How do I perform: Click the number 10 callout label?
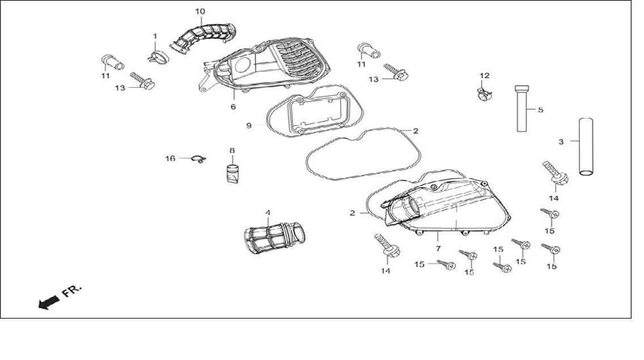pos(200,11)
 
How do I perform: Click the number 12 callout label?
pos(485,75)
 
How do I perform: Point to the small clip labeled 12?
pos(484,95)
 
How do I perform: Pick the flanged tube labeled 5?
pos(522,108)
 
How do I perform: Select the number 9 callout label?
pos(249,125)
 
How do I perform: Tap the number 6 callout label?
pos(234,107)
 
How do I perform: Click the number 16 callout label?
pos(170,158)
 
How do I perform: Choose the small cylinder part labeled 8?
pos(232,173)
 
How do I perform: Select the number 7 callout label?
pos(438,249)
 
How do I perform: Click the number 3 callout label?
pos(561,142)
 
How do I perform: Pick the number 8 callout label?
pos(232,150)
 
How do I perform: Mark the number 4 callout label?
pos(268,213)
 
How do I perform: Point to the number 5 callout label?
pos(540,110)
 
